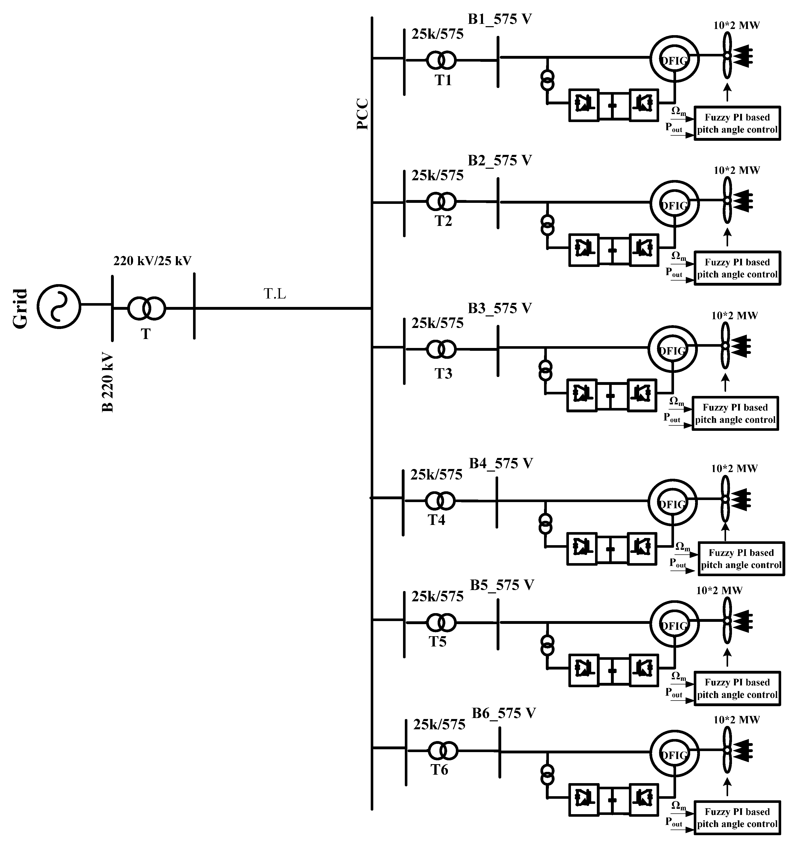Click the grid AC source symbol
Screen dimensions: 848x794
(58, 306)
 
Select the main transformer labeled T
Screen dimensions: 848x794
(146, 308)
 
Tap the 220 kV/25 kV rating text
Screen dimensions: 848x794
(152, 261)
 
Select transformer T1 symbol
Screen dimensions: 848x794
(441, 61)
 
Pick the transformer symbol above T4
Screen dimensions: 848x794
(440, 500)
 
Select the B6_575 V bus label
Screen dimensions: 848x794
(504, 713)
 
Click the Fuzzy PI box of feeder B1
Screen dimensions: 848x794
(737, 123)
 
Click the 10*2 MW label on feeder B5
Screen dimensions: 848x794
(719, 591)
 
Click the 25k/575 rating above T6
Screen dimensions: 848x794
(439, 725)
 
